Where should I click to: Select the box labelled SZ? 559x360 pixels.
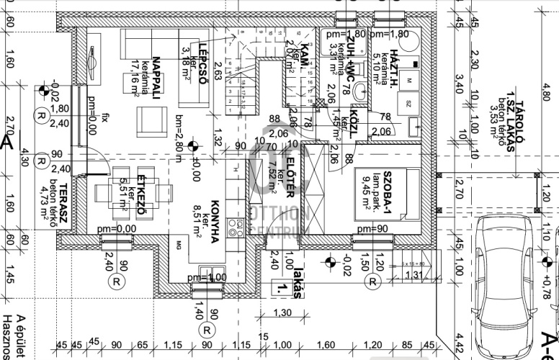pos(408,103)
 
